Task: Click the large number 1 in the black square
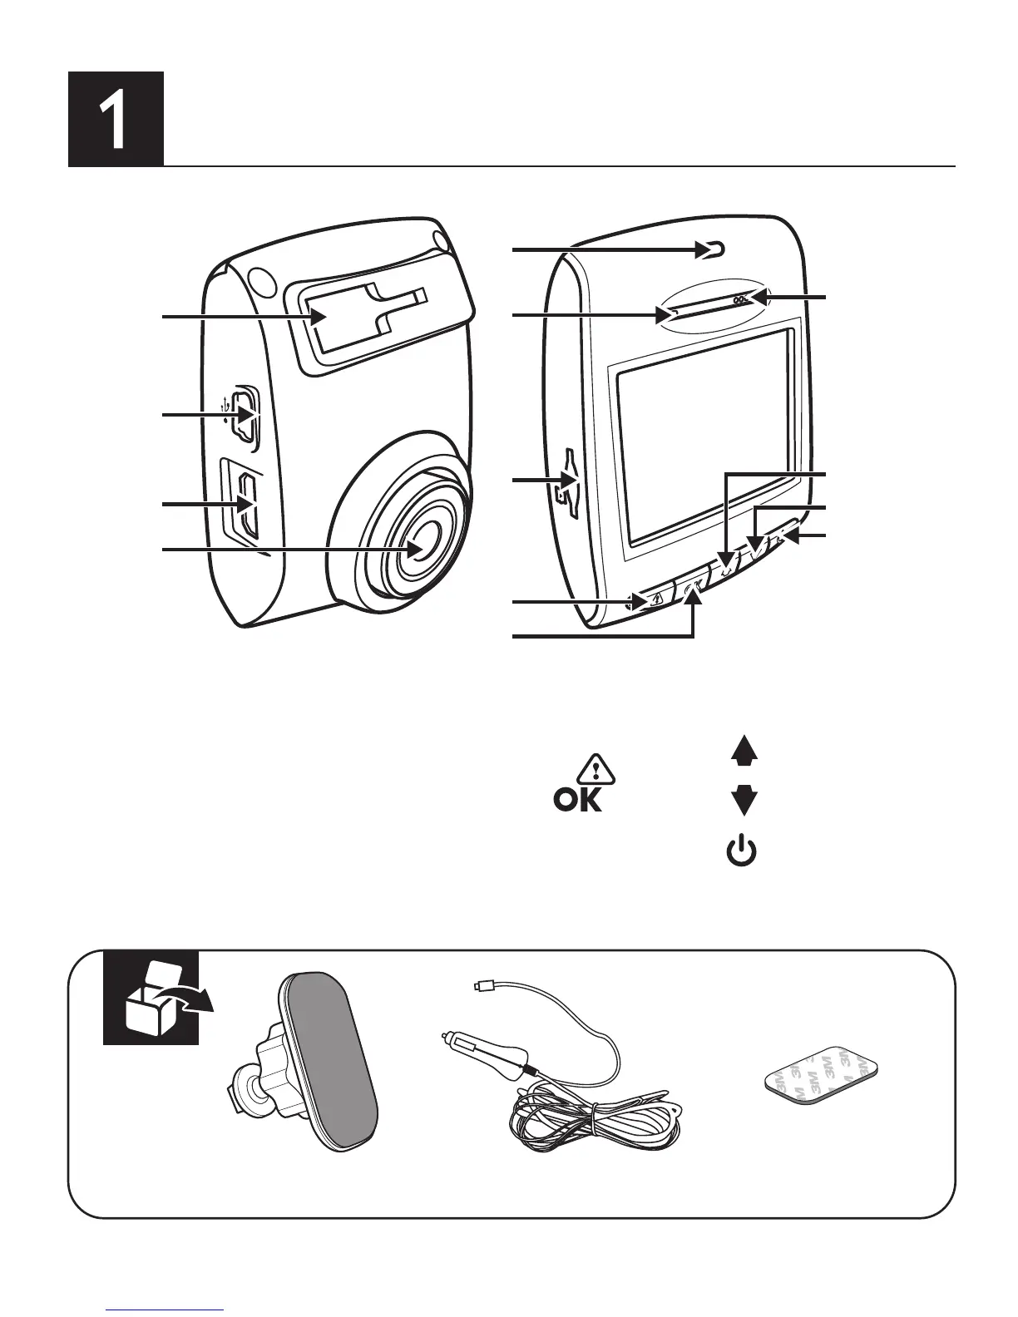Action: pos(116,119)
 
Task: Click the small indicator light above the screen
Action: pos(714,248)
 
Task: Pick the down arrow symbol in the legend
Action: pos(744,800)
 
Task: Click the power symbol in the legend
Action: pos(743,854)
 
